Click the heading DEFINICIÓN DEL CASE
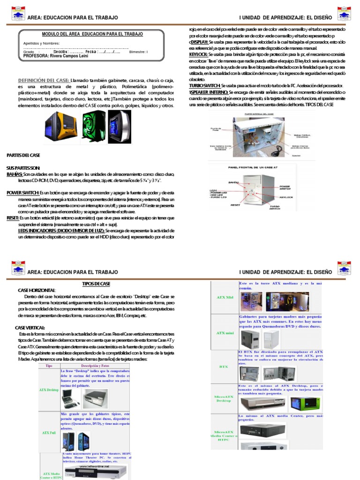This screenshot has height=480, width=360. pyautogui.click(x=44, y=80)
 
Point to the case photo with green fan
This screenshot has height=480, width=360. pyautogui.click(x=92, y=127)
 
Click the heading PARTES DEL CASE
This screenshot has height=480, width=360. pyautogui.click(x=23, y=155)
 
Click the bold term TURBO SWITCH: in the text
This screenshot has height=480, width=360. pyautogui.click(x=205, y=86)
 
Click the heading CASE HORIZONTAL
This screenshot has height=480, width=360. pyautogui.click(x=37, y=291)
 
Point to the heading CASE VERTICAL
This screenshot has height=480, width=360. pyautogui.click(x=30, y=327)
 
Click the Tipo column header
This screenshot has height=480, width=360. pyautogui.click(x=48, y=365)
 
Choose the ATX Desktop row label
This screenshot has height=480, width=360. pyautogui.click(x=49, y=390)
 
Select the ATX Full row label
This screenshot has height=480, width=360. pyautogui.click(x=49, y=433)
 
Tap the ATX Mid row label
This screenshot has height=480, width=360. pyautogui.click(x=225, y=297)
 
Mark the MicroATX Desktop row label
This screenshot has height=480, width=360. pyautogui.click(x=224, y=398)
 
